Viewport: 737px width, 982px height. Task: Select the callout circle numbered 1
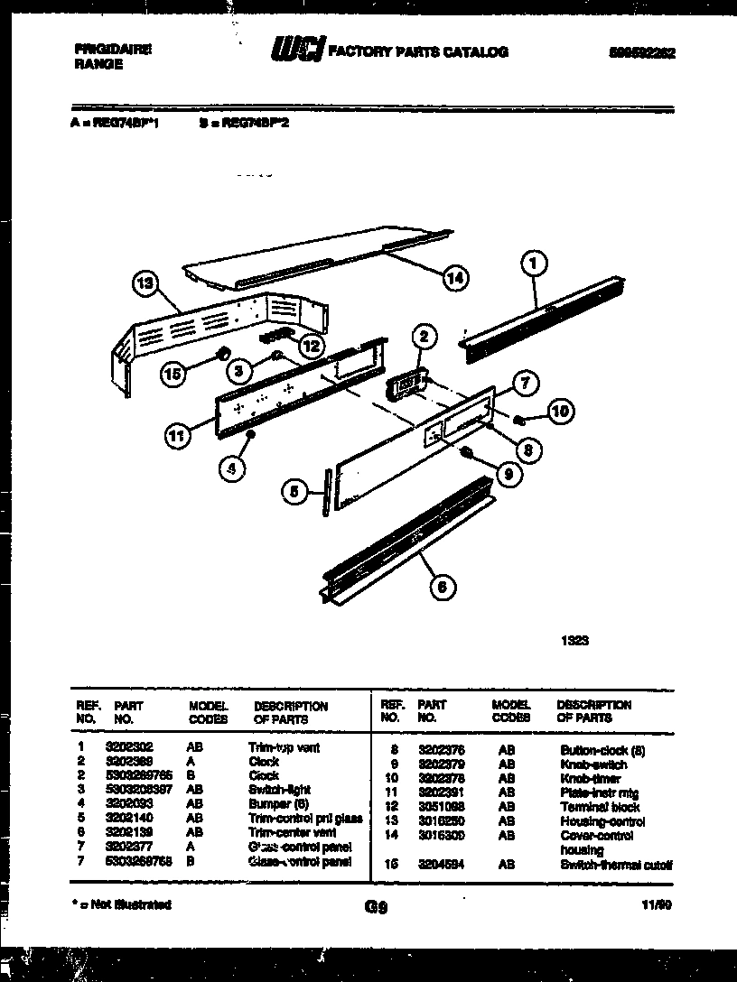[534, 264]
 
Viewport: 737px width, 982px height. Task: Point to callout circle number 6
[441, 588]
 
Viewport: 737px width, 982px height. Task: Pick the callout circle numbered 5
[294, 492]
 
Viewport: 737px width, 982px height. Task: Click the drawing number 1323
[575, 641]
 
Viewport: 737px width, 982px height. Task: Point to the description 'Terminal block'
[599, 807]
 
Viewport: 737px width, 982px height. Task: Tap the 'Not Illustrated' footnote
[121, 904]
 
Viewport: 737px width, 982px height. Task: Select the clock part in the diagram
[405, 385]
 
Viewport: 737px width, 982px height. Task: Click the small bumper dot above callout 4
[250, 435]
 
